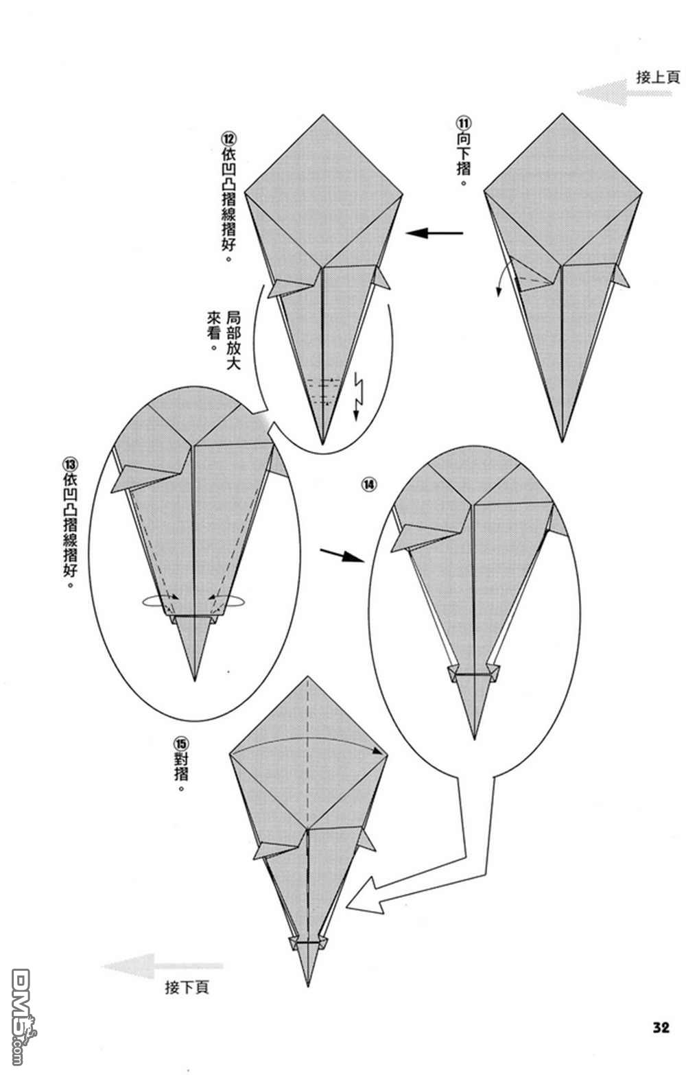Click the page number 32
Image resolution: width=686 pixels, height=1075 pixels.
click(661, 1028)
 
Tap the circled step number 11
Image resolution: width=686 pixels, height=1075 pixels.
click(463, 123)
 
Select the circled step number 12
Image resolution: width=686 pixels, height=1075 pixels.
click(229, 139)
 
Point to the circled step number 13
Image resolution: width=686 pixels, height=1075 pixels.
click(69, 464)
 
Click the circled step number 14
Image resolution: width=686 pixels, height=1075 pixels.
click(368, 485)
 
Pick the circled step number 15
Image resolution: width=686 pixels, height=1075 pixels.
click(182, 744)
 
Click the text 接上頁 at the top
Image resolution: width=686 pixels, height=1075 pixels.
click(658, 78)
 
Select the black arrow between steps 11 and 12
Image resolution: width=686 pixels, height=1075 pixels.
click(434, 233)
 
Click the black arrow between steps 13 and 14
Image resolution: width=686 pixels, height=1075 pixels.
click(342, 555)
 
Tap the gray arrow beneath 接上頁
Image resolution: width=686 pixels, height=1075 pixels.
click(624, 93)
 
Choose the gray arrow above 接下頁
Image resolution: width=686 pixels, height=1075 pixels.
click(163, 966)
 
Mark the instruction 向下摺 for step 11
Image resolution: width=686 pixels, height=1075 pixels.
click(463, 160)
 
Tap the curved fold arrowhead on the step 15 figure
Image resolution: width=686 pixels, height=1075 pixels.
click(383, 752)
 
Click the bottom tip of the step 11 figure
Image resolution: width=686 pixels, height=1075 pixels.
click(562, 441)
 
